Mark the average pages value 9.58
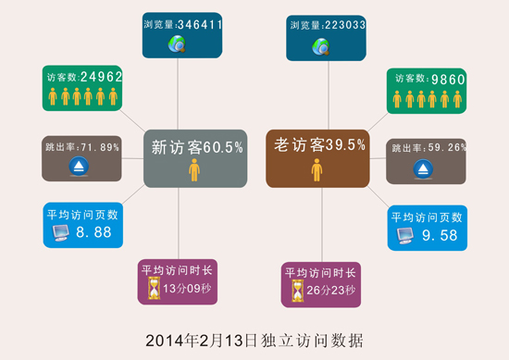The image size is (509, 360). (441, 236)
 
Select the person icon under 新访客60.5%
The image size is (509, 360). (194, 169)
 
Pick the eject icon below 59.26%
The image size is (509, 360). (423, 169)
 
